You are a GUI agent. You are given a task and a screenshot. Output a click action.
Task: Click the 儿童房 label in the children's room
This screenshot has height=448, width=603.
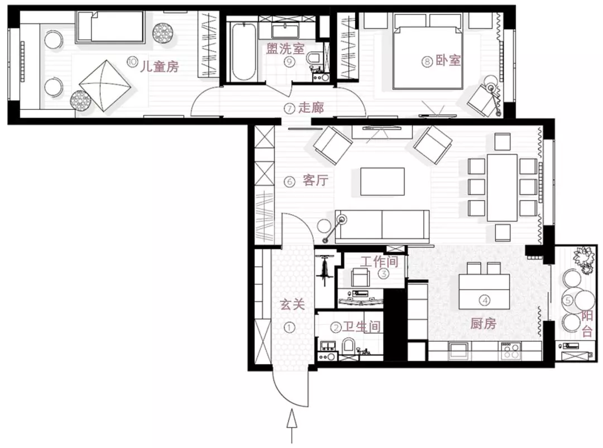click(159, 66)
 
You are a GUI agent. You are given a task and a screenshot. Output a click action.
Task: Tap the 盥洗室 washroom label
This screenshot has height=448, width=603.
click(285, 49)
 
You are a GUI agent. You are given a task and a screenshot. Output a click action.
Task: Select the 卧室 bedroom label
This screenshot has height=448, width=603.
click(448, 60)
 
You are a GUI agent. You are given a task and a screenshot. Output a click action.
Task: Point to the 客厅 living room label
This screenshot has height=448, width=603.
click(315, 180)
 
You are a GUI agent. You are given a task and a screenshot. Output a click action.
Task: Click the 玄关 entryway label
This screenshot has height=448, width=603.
click(292, 304)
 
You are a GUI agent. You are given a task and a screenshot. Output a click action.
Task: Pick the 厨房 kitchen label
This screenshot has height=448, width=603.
click(483, 324)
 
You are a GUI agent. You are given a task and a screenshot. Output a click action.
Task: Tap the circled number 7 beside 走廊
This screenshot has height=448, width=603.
click(290, 108)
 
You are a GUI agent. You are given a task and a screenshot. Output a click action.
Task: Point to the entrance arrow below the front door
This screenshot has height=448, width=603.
click(292, 426)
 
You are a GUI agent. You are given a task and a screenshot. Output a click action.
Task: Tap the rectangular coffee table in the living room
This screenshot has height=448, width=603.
click(382, 181)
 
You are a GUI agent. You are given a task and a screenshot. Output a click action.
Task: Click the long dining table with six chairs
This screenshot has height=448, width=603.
click(502, 187)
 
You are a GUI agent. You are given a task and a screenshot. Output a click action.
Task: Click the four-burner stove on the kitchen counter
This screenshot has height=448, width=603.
click(511, 350)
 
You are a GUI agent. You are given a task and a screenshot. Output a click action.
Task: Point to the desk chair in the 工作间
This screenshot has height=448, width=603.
click(360, 277)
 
